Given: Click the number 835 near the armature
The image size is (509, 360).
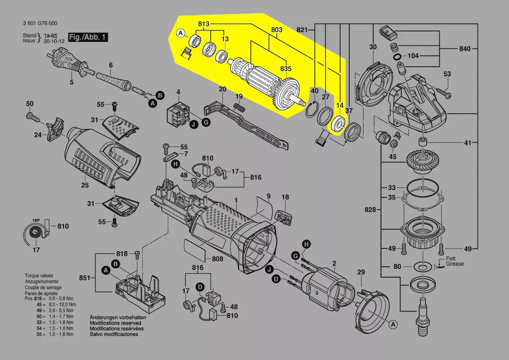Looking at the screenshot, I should click(x=285, y=69).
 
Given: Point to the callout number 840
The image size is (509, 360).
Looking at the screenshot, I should click(x=465, y=49).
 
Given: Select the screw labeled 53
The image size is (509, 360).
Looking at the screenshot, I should click(x=442, y=92).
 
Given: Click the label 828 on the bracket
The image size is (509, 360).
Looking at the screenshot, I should click(x=370, y=210).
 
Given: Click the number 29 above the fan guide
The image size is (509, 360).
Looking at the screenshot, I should click(x=361, y=272).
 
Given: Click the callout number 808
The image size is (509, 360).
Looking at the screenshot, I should click(x=217, y=259).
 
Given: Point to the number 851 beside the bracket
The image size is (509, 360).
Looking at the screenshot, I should click(x=84, y=278).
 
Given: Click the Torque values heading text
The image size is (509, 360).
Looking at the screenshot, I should click(x=39, y=276).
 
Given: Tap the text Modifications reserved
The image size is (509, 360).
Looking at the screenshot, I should click(x=115, y=323).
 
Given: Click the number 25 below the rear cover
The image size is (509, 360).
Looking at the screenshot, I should click(x=84, y=185).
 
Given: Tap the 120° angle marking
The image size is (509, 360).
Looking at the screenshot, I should click(x=36, y=220).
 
